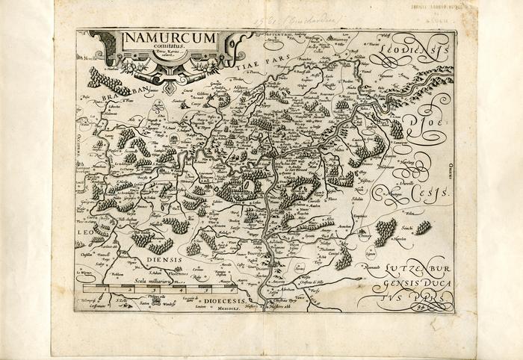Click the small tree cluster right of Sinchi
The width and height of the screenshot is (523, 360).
coord(424,227)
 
